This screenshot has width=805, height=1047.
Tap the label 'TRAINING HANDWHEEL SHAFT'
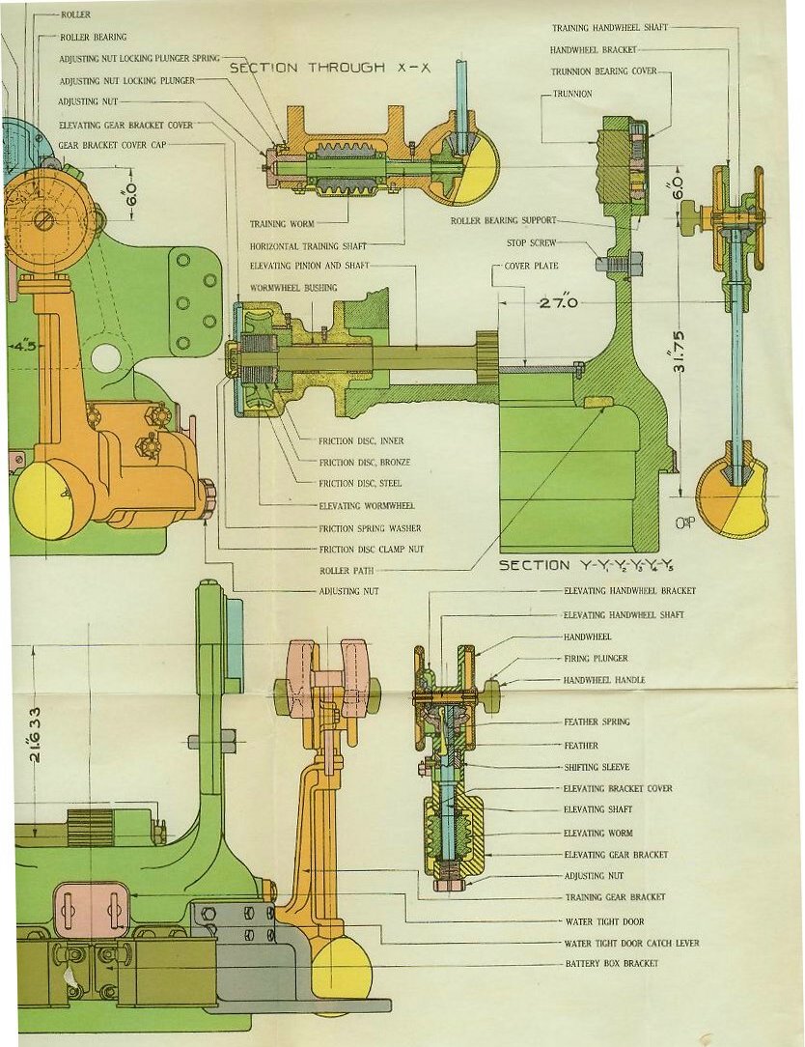(610, 28)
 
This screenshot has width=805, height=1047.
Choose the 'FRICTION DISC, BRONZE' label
(360, 463)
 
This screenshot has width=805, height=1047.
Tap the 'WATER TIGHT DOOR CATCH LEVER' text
(631, 943)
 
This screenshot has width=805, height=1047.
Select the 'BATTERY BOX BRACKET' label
(611, 964)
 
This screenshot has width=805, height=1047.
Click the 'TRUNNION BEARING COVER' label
(603, 71)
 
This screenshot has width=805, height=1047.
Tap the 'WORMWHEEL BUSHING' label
(293, 288)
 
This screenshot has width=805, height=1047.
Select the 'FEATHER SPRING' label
(595, 722)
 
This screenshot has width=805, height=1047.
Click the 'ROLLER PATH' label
(347, 571)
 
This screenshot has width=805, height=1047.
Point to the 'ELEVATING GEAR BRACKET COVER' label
(125, 126)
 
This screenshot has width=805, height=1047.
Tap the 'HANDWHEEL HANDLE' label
(604, 680)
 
